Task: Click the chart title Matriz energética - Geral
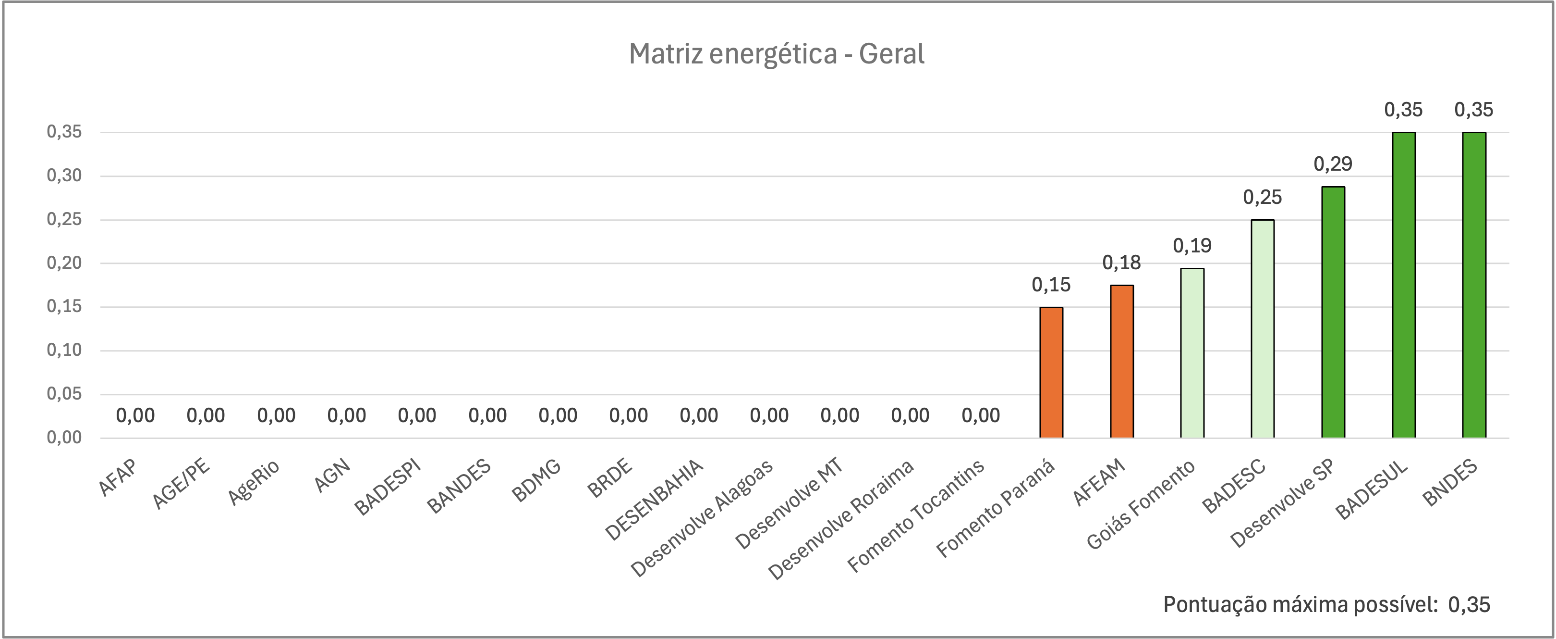(776, 54)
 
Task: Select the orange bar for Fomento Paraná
(1051, 373)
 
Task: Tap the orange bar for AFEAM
(1122, 362)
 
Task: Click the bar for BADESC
(1263, 329)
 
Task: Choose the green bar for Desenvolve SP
(1333, 312)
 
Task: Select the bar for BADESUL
(1404, 285)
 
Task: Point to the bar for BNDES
(1474, 285)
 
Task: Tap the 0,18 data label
(1122, 263)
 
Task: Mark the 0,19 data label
(1192, 245)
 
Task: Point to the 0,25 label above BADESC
(1263, 197)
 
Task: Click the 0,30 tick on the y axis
(64, 176)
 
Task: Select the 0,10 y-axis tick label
(64, 350)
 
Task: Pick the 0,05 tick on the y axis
(64, 394)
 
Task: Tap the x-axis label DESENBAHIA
(655, 500)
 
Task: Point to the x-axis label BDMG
(536, 481)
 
